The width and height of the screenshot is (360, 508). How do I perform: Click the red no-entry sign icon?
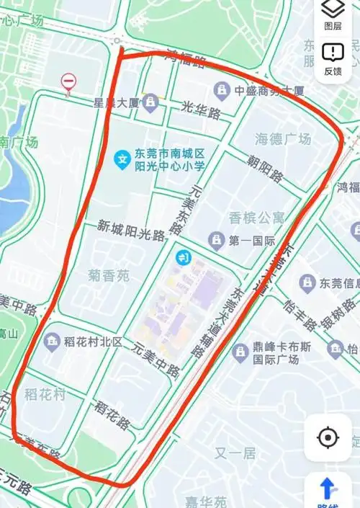pyautogui.click(x=68, y=82)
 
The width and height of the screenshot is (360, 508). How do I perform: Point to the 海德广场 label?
pyautogui.click(x=284, y=138)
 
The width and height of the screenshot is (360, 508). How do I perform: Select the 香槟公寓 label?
pyautogui.click(x=256, y=217)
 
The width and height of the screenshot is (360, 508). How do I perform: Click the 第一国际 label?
pyautogui.click(x=253, y=239)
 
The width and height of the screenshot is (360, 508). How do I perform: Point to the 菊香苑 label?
pyautogui.click(x=109, y=275)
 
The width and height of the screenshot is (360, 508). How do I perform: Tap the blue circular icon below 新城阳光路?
pyautogui.click(x=184, y=257)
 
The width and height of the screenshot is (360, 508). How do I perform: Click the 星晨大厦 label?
pyautogui.click(x=116, y=102)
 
